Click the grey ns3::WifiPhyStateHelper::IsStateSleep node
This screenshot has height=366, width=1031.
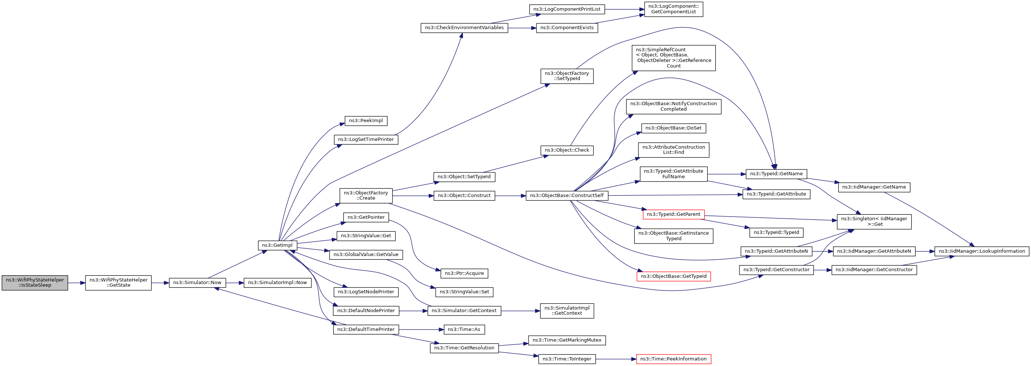pyautogui.click(x=35, y=283)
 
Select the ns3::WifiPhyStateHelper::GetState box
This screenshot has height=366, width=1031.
pyautogui.click(x=118, y=283)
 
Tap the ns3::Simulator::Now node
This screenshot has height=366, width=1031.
pyautogui.click(x=197, y=283)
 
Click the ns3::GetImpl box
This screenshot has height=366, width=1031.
pyautogui.click(x=277, y=245)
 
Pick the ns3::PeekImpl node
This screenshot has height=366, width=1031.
pyautogui.click(x=366, y=121)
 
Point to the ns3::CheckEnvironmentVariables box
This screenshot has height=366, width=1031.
pyautogui.click(x=464, y=28)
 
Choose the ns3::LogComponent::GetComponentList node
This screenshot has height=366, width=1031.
pyautogui.click(x=673, y=9)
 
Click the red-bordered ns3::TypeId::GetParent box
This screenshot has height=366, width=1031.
pyautogui.click(x=673, y=214)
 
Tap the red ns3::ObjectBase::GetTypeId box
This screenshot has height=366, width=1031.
pyautogui.click(x=673, y=276)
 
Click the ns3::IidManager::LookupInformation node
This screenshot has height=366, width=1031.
pyautogui.click(x=982, y=252)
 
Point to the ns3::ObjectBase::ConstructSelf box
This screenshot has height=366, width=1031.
pyautogui.click(x=567, y=196)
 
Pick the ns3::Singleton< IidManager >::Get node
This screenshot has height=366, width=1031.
pyautogui.click(x=874, y=221)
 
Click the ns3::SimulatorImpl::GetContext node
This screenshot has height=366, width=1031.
pyautogui.click(x=567, y=311)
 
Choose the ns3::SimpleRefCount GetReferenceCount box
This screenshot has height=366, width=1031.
pyautogui.click(x=673, y=58)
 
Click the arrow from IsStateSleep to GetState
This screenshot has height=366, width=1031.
pyautogui.click(x=76, y=283)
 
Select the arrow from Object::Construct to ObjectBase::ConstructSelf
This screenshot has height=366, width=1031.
pyautogui.click(x=510, y=196)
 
